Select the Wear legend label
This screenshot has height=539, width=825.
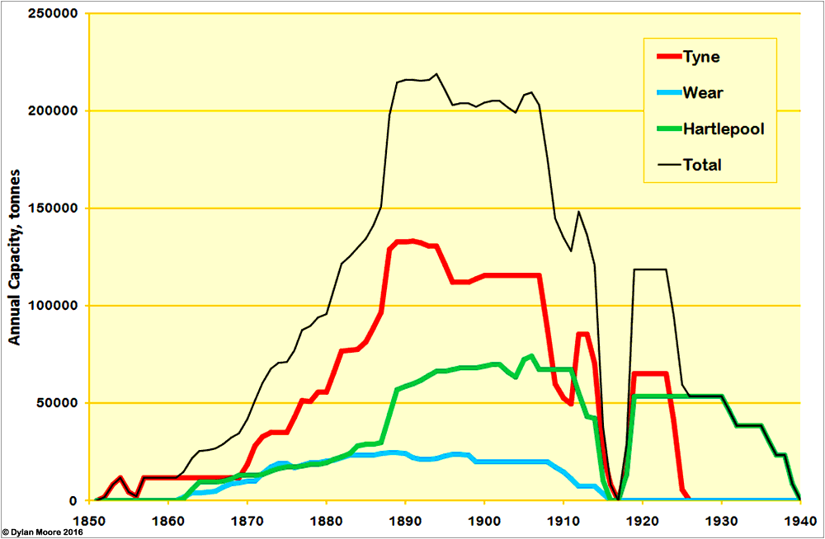pos(703,92)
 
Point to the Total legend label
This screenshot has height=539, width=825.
pos(702,165)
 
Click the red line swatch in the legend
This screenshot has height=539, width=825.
pos(667,56)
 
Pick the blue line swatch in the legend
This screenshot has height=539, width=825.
pos(667,92)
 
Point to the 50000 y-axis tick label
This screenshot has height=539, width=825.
pos(57,403)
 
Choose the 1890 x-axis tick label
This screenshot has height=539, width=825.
pos(405,521)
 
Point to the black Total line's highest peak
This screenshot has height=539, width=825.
pos(436,73)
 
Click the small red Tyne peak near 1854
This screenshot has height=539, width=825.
pos(120,477)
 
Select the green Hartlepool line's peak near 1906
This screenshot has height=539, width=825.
pos(531,356)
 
